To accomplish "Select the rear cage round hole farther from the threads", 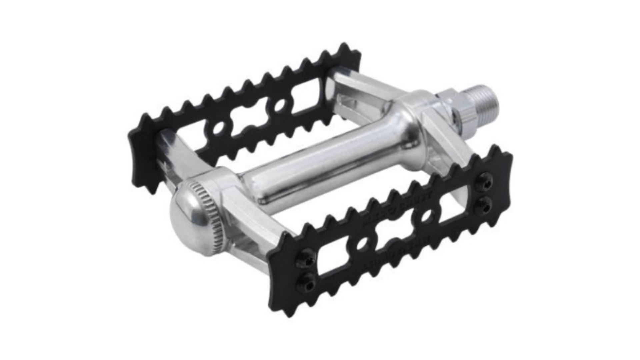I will pos(219,129).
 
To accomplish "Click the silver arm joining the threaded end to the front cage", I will pos(443,137).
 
